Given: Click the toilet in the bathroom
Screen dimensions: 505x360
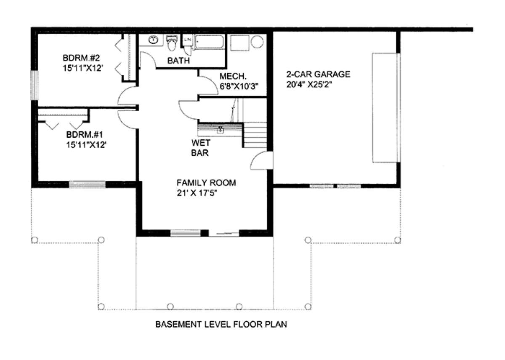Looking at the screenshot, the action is tap(172, 43).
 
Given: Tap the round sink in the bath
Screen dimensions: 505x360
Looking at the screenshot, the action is tap(153, 40).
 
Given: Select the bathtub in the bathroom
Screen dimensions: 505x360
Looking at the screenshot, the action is tap(210, 42).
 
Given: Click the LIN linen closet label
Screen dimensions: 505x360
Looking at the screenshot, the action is tap(187, 40).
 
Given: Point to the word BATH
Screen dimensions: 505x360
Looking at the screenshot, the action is tap(178, 61).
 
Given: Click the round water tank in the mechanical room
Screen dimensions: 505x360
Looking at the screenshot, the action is tap(257, 42).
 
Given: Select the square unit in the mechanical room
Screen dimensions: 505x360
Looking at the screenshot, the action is tap(239, 43).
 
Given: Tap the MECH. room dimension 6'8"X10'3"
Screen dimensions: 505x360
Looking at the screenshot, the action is tap(239, 86).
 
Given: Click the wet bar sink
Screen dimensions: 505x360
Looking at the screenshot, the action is tap(221, 130).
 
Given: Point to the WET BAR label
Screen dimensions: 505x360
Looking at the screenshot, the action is tap(201, 148).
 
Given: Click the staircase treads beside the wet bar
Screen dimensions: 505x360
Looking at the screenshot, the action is tap(255, 135).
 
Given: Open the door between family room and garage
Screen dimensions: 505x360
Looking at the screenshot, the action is tap(261, 160).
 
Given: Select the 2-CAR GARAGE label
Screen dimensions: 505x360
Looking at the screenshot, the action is tap(318, 74).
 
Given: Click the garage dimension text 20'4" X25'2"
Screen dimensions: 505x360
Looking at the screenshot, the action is tap(309, 84).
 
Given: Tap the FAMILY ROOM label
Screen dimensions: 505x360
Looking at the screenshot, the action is tap(206, 183).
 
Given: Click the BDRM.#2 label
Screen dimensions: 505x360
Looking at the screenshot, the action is tap(81, 58).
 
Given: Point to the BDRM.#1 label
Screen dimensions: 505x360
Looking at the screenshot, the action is tap(85, 135).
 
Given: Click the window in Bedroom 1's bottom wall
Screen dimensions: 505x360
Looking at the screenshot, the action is tap(87, 184).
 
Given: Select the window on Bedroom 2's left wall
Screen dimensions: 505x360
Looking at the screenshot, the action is tap(35, 85).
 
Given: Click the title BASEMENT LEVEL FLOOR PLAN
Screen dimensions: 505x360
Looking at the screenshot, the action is tap(221, 324).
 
